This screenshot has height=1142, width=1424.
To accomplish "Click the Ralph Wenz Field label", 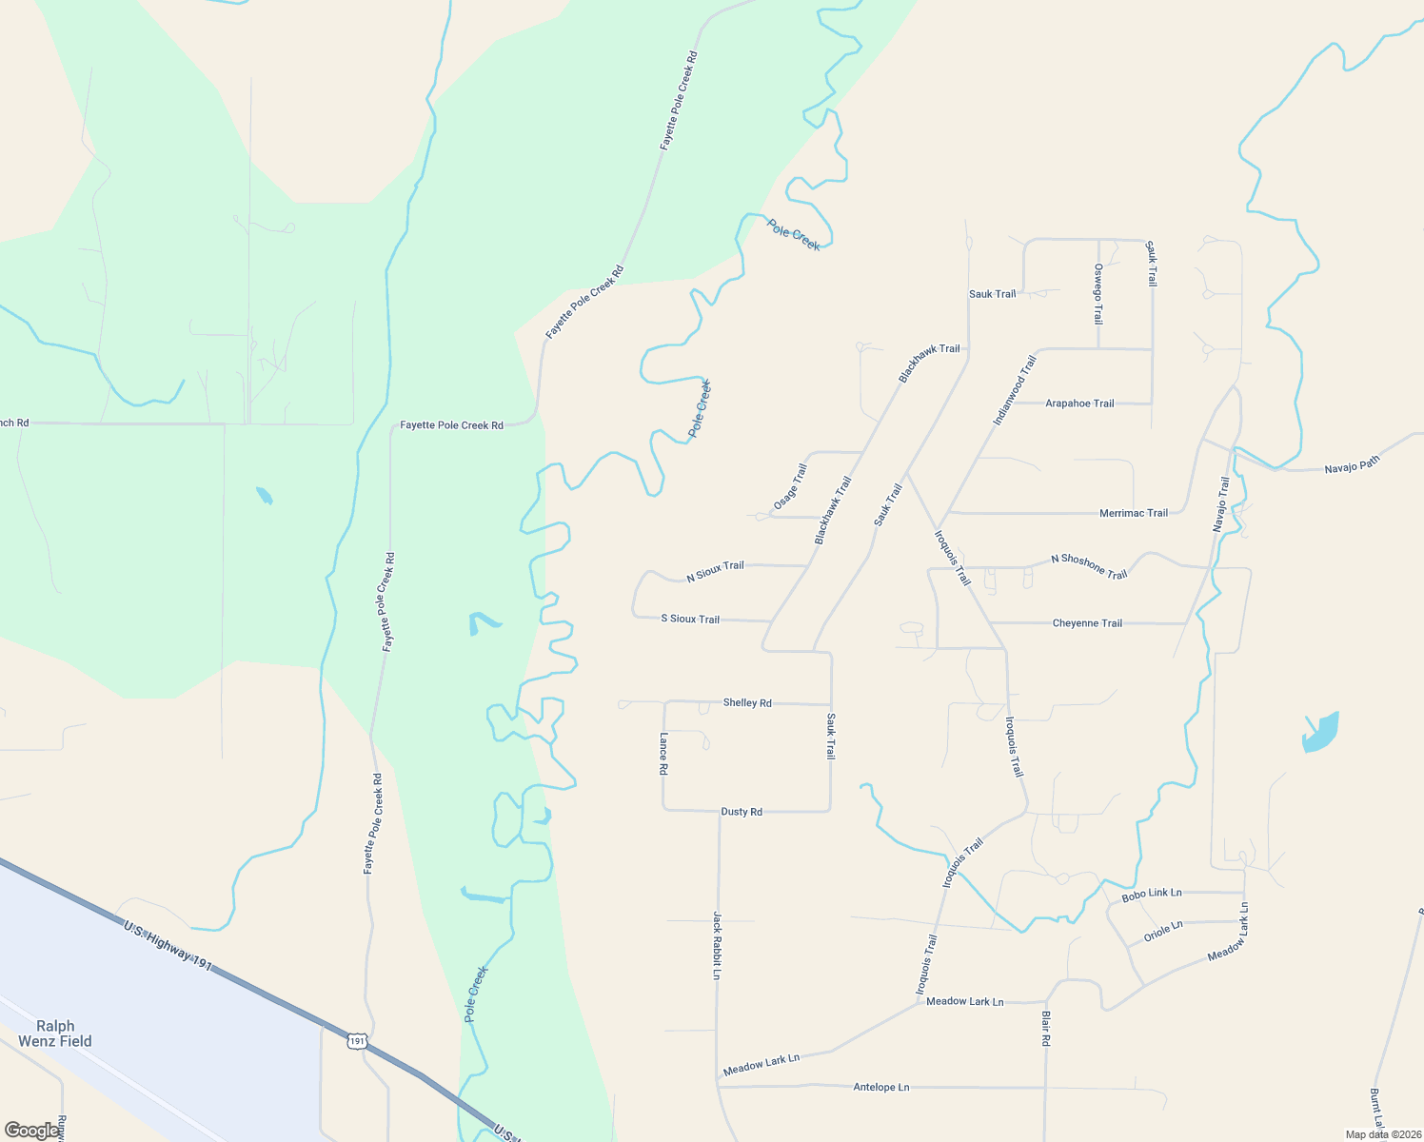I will point(55,1034).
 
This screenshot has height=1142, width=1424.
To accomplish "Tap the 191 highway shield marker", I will point(356,1041).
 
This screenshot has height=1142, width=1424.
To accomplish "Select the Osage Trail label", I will point(790,485).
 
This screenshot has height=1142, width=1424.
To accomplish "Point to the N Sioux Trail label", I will point(715,571).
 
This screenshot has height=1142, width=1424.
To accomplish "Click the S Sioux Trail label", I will point(690,619).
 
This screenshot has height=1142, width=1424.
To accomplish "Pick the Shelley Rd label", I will point(747,702).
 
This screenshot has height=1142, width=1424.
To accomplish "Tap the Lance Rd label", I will point(663,754).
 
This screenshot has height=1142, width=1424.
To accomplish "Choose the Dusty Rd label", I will point(742,812).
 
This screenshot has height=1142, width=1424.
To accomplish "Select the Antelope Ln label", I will point(880,1087).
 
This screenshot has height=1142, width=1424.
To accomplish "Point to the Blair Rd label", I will point(1044,1029).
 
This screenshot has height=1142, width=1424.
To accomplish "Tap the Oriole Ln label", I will point(1163,931).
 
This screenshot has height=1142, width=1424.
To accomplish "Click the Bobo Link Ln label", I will point(1151,895).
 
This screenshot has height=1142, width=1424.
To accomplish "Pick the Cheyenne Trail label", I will point(1087,623).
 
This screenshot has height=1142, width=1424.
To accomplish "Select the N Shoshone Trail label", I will point(1089,566).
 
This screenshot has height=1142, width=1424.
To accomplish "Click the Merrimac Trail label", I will point(1133,513).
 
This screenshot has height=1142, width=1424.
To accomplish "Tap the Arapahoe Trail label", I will point(1079,404).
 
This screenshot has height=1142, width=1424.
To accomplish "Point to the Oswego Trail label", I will point(1098,294).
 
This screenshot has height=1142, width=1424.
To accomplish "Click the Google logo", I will point(32,1131).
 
